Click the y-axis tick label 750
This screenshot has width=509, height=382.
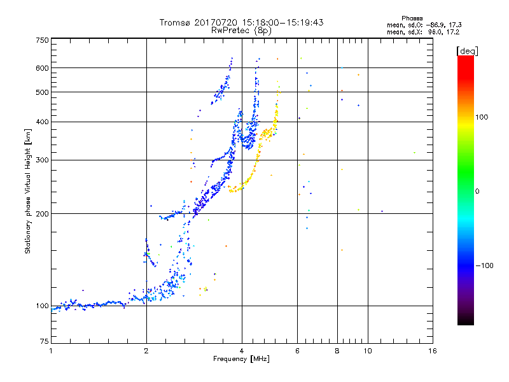point(42,39)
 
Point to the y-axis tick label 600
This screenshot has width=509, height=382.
point(42,67)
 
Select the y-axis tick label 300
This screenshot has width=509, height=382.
point(42,160)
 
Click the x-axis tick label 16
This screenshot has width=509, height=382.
point(432,351)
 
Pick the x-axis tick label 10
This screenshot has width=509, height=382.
point(367,351)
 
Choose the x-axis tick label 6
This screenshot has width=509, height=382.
point(297,351)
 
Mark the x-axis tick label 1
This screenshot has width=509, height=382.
point(51,351)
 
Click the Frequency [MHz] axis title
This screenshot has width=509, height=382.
point(242,359)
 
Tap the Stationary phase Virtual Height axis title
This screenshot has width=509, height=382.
point(28,191)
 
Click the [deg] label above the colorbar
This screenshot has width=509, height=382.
point(468,50)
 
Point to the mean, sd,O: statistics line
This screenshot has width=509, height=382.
point(423,25)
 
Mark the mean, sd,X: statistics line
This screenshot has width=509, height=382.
point(423,31)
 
